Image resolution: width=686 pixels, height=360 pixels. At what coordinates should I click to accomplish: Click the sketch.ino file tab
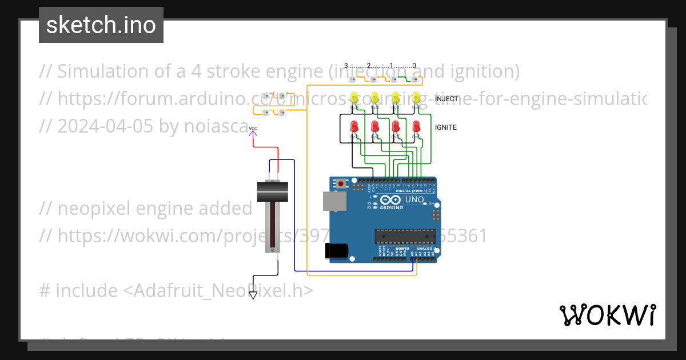pos(101,25)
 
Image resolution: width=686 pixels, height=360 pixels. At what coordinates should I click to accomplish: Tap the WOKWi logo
pos(607,315)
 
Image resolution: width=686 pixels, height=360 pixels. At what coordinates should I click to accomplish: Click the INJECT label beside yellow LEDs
pos(446,99)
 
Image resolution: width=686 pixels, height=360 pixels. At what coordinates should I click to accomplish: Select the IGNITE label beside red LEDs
pos(445,127)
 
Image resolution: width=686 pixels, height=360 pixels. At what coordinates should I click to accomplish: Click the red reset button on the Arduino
pos(341,184)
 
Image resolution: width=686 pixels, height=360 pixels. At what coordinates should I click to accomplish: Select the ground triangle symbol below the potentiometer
pos(253,295)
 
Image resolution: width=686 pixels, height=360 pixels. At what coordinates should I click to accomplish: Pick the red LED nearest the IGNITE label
pos(416,126)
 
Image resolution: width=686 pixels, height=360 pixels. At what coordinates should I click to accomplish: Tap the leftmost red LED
pos(354,126)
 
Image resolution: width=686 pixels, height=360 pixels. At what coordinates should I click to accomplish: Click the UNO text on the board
pos(414,200)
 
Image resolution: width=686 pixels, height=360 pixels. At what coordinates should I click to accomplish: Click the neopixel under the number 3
pos(353,79)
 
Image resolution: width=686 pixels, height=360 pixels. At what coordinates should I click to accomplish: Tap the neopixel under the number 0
pos(414,79)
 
